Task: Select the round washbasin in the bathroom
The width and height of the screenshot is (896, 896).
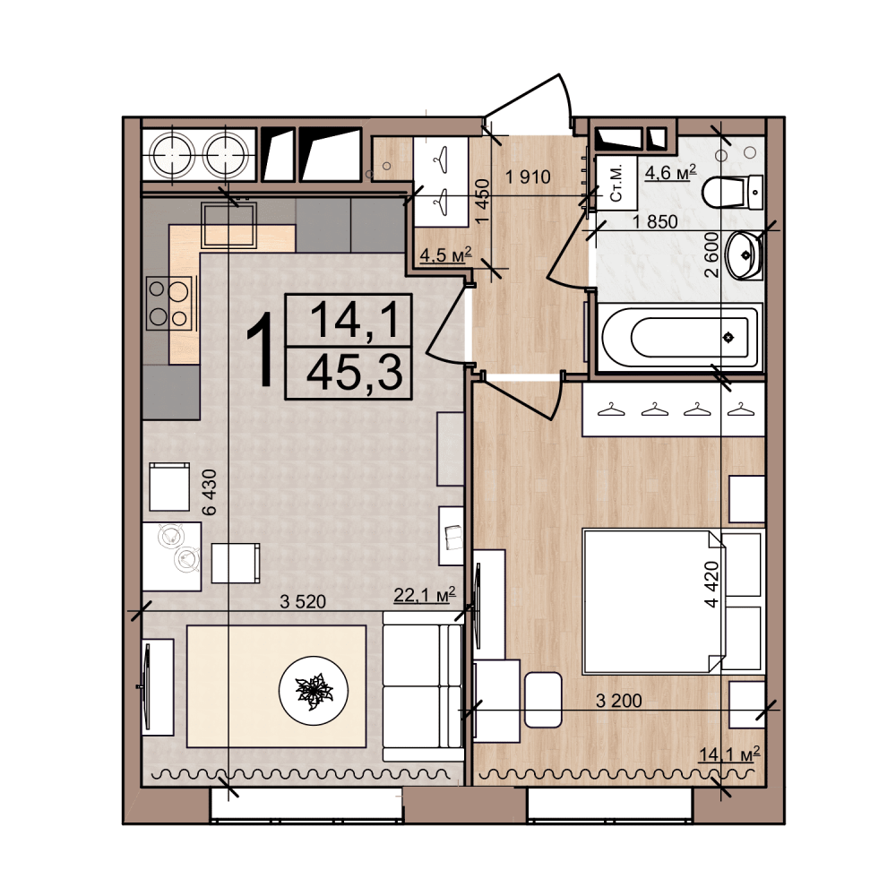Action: [x=744, y=255]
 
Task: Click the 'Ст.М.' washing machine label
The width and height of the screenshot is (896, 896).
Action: [x=616, y=185]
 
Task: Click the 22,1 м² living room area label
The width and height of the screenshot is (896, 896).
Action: [x=425, y=595]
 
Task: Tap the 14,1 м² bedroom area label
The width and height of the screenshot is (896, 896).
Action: [x=729, y=754]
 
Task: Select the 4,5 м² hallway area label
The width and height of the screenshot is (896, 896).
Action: [x=446, y=254]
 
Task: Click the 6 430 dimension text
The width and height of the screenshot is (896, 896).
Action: [x=210, y=493]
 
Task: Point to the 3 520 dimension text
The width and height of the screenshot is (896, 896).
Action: [x=303, y=601]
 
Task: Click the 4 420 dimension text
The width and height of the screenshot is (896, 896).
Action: [x=711, y=584]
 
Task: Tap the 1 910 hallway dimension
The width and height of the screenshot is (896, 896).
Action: [x=528, y=177]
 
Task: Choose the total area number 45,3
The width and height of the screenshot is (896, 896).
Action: [x=355, y=372]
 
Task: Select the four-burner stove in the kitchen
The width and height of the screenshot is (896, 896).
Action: [x=169, y=303]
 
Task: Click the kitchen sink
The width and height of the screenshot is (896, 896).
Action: [x=228, y=226]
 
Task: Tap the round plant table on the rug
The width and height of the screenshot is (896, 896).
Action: [x=313, y=692]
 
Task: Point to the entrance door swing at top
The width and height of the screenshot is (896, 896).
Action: [x=529, y=106]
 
